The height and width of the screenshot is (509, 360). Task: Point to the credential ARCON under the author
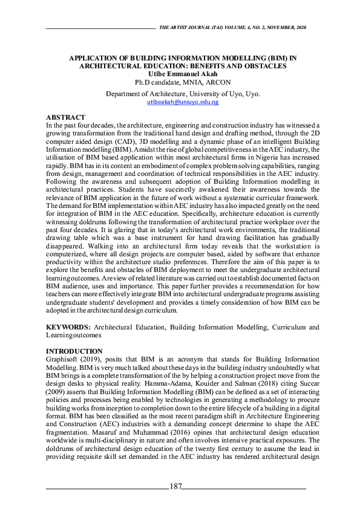(218, 82)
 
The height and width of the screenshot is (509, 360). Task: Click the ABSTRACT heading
(66, 117)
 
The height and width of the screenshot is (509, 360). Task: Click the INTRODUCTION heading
(74, 351)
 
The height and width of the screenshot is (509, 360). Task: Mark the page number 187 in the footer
(176, 487)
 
